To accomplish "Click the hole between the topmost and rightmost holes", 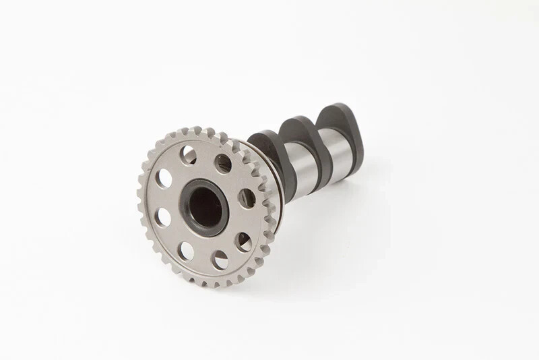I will [x=223, y=162].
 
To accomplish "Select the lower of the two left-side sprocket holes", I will [x=163, y=216].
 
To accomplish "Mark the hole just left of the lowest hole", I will [x=185, y=250].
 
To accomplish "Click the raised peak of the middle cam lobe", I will [x=295, y=121].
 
